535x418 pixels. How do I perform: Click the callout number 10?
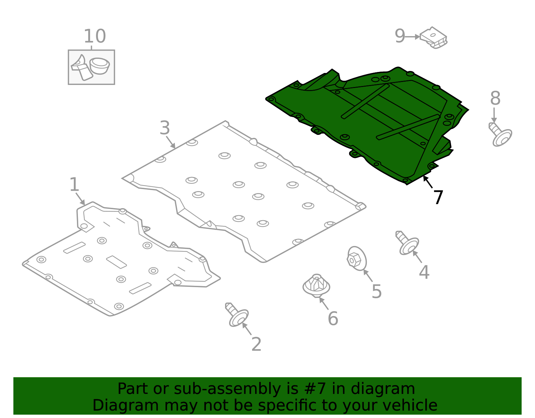[x=95, y=36]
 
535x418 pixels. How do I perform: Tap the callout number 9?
[x=400, y=36]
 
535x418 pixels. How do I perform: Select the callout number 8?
[x=495, y=98]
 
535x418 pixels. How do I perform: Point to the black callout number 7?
[x=438, y=197]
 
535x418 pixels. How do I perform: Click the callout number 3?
[x=165, y=128]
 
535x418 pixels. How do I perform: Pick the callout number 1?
[x=74, y=184]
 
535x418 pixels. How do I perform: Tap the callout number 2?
[x=256, y=344]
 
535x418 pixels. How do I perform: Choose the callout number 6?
[x=333, y=319]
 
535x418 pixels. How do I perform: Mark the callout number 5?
[x=377, y=291]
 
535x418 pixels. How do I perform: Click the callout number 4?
[x=424, y=272]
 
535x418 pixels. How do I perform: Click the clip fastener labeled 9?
[x=434, y=38]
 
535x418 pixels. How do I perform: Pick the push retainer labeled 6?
[x=316, y=286]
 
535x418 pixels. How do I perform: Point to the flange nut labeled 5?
[x=356, y=259]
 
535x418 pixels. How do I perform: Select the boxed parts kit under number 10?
[x=91, y=67]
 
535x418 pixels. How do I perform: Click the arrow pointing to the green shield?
[x=428, y=182]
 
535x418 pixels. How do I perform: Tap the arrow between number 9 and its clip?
[x=412, y=37]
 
